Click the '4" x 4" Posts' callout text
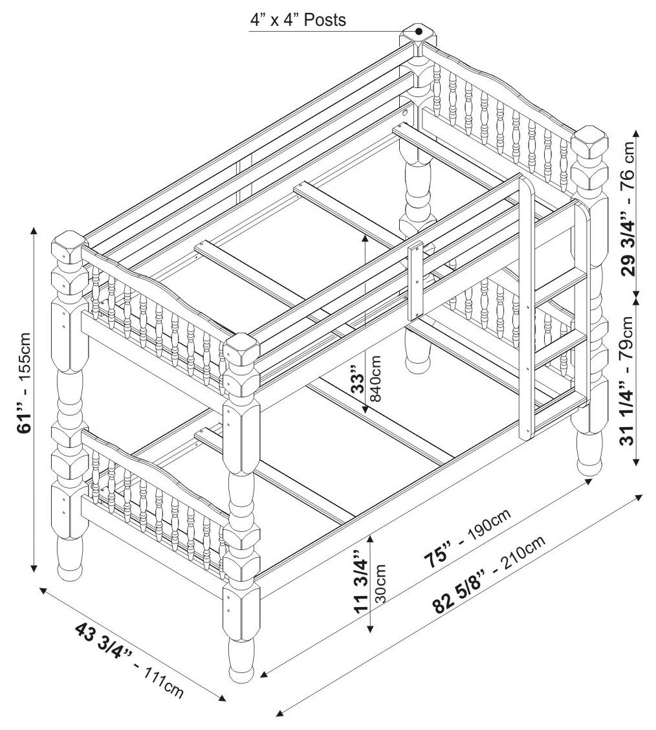click(298, 20)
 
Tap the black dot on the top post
click(419, 31)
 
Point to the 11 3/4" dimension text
click(360, 581)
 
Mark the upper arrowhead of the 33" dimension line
click(366, 238)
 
